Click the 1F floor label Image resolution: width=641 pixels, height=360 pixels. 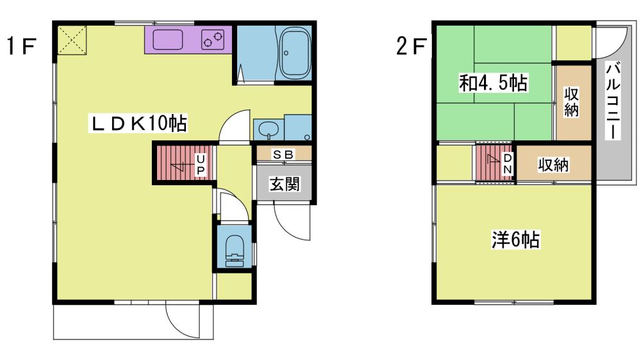(22, 45)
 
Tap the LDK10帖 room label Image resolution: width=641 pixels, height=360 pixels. (138, 123)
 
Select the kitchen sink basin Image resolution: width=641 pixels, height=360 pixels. (167, 40)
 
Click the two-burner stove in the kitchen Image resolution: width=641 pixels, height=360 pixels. (213, 40)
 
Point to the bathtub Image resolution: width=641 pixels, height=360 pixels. (294, 53)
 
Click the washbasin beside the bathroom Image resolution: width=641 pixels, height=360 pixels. (268, 131)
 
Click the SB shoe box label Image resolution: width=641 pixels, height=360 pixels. (283, 154)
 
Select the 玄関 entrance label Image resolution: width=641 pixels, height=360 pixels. (284, 184)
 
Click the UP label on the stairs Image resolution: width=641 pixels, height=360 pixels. (201, 165)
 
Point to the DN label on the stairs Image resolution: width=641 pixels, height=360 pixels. (507, 163)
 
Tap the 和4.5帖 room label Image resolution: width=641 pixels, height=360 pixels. (494, 83)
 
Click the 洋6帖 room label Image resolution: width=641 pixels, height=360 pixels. (515, 240)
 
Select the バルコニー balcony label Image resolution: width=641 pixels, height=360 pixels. (613, 101)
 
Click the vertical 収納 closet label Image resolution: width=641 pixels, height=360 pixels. (572, 102)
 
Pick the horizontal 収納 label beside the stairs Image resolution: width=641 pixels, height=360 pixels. (553, 165)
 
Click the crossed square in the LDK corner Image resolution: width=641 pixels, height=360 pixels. (72, 40)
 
